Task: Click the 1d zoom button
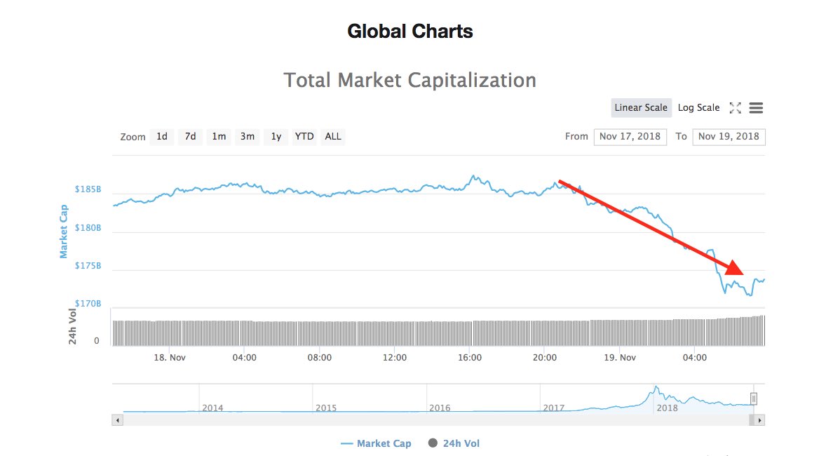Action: coord(162,136)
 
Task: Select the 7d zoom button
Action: coord(190,136)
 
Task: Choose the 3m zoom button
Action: coord(248,136)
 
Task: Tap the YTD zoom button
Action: coord(304,136)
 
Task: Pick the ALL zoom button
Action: coord(333,136)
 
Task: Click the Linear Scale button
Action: coord(641,107)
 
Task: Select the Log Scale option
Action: coord(698,107)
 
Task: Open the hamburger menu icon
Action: coord(756,108)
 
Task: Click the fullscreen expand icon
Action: coord(735,108)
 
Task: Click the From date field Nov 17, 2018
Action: coord(630,137)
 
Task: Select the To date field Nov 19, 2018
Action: coord(729,137)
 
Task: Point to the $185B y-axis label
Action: coord(88,189)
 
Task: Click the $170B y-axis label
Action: coord(88,304)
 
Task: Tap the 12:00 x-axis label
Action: coord(395,357)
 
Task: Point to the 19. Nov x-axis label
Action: coord(619,357)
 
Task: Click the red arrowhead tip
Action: coord(743,274)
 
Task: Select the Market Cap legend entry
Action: coord(376,443)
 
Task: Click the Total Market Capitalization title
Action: coord(409,80)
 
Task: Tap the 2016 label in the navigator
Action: coord(440,408)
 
